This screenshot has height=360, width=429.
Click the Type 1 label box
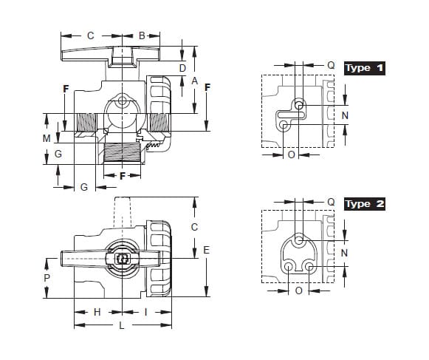point(365,68)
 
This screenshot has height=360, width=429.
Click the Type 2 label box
point(365,204)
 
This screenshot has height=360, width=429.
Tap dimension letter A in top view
point(194,81)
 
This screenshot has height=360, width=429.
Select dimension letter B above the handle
point(142,35)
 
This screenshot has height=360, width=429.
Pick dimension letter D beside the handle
point(182,68)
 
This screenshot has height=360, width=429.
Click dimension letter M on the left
point(47,138)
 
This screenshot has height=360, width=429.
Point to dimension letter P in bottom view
point(47,278)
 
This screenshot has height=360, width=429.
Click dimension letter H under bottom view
point(97,312)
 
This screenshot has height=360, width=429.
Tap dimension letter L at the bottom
point(122,325)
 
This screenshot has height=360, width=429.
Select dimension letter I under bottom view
point(145,312)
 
